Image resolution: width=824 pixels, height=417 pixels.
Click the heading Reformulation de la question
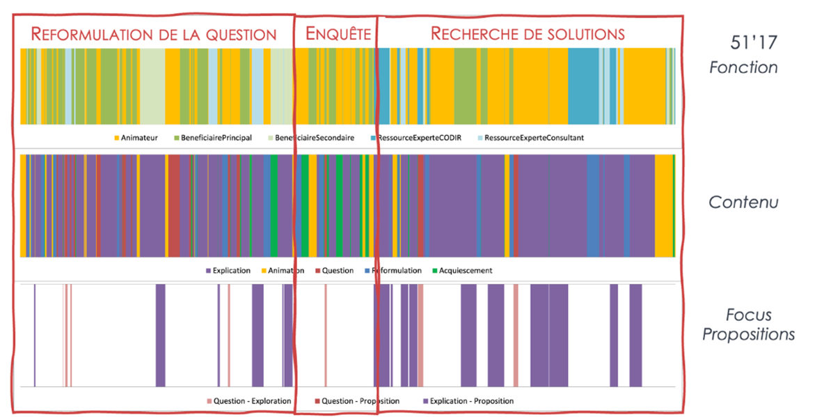[154, 34]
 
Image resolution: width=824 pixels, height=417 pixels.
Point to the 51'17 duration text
[753, 43]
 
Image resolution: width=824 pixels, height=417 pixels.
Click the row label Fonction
[743, 68]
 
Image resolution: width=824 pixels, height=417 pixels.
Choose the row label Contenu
[743, 203]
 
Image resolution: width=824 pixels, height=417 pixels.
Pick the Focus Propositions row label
[748, 325]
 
